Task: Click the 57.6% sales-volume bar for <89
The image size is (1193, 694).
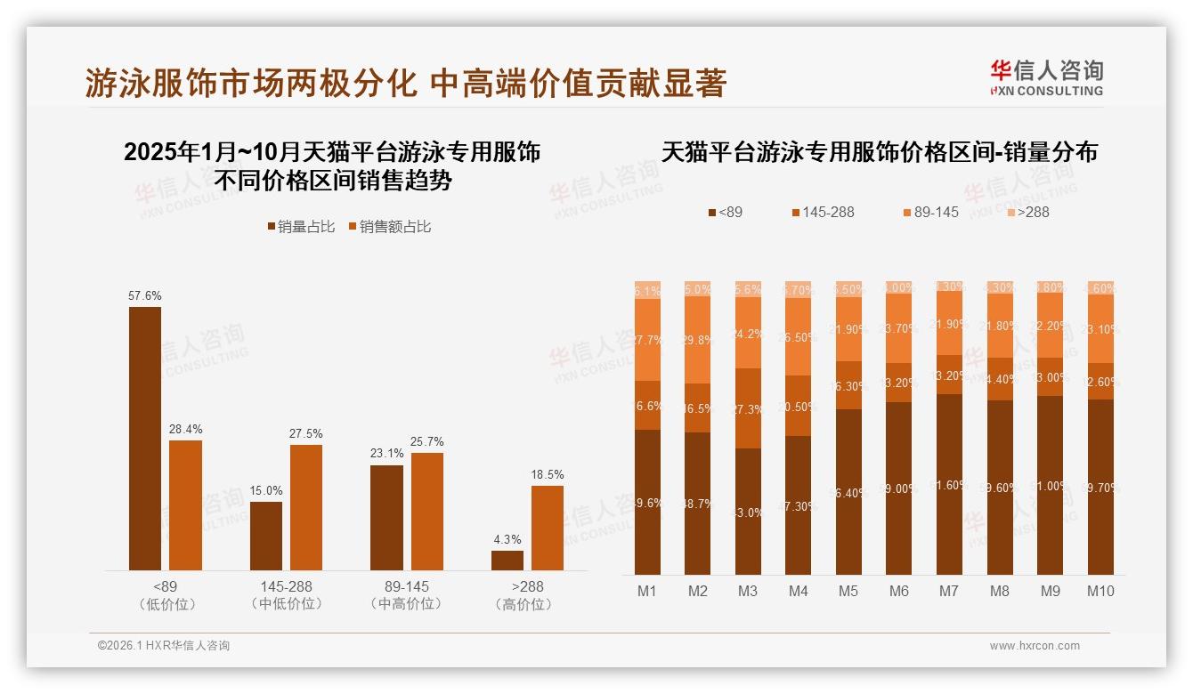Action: click(145, 439)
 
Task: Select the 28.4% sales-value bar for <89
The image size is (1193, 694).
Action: click(185, 505)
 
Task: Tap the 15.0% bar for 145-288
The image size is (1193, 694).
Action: click(266, 536)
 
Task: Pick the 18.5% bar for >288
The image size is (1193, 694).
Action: click(548, 528)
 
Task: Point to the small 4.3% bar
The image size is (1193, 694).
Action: click(507, 561)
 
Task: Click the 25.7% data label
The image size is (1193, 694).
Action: click(427, 442)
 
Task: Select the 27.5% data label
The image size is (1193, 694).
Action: click(306, 434)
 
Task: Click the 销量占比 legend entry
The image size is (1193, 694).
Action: click(301, 227)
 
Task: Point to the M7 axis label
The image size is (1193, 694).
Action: click(949, 591)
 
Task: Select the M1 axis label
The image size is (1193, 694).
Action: click(647, 591)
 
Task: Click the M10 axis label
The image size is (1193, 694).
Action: click(1100, 591)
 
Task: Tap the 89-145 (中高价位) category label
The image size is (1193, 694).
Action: click(407, 595)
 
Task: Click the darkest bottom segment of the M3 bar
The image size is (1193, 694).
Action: click(748, 512)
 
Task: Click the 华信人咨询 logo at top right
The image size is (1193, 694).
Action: click(1047, 77)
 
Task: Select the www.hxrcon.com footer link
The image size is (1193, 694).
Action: click(1035, 646)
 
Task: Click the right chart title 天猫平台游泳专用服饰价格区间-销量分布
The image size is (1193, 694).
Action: click(880, 152)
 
